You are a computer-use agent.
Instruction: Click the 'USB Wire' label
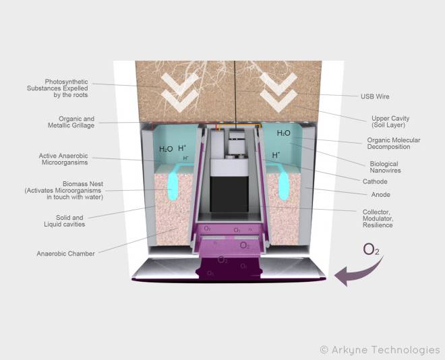[x=375, y=96]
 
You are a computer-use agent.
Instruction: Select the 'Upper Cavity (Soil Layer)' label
[x=390, y=121]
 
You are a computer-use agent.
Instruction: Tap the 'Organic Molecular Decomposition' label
[x=394, y=144]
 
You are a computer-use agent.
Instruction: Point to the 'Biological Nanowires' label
[x=385, y=167]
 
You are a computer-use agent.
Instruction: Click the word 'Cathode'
[x=375, y=181]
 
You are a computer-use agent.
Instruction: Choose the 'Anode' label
[x=380, y=195]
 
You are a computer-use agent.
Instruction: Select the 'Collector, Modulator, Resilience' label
[x=378, y=218]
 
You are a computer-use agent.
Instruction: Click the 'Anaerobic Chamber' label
[x=65, y=253]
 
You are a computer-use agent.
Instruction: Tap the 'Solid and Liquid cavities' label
[x=65, y=220]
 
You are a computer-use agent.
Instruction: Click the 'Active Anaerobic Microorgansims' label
[x=63, y=159]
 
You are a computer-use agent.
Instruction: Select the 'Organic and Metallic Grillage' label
[x=71, y=122]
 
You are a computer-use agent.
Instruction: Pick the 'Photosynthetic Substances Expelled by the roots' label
[x=57, y=88]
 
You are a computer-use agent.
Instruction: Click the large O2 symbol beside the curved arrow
[x=372, y=249]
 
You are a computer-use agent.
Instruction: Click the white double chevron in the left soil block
[x=180, y=92]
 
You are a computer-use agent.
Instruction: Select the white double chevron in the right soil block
[x=278, y=92]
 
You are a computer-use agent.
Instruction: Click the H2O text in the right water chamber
[x=283, y=133]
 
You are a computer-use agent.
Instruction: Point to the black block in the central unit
[x=229, y=193]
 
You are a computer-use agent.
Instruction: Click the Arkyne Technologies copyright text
[x=380, y=350]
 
